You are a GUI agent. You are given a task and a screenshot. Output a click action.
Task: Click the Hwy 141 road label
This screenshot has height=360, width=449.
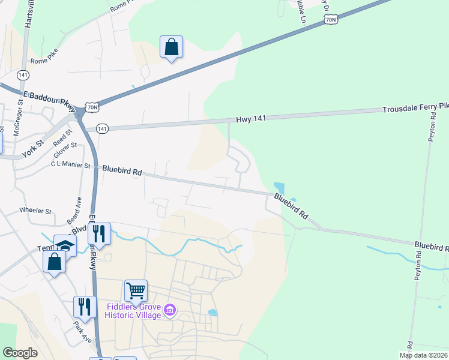pyautogui.click(x=251, y=119)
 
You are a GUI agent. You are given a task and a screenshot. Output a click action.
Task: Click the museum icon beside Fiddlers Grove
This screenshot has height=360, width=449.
pyautogui.click(x=170, y=310)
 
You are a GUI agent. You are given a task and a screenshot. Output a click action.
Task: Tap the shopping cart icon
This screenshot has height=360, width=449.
pyautogui.click(x=136, y=291)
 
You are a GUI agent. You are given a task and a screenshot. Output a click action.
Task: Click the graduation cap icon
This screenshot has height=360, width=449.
pyautogui.click(x=65, y=245)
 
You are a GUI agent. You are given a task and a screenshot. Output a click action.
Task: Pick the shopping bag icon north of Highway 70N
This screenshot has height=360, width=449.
pyautogui.click(x=171, y=47)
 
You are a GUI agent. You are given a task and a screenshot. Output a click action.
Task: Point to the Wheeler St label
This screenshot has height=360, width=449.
pyautogui.click(x=36, y=211)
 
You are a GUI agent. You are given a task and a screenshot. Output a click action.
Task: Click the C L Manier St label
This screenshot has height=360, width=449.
pyautogui.click(x=70, y=164)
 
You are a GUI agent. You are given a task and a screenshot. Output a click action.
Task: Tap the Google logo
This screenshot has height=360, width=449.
pyautogui.click(x=20, y=353)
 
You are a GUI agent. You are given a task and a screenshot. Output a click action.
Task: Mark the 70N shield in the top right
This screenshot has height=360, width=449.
pyautogui.click(x=331, y=20)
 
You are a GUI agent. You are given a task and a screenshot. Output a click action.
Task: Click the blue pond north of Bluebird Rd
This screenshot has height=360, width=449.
pyautogui.click(x=279, y=188)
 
